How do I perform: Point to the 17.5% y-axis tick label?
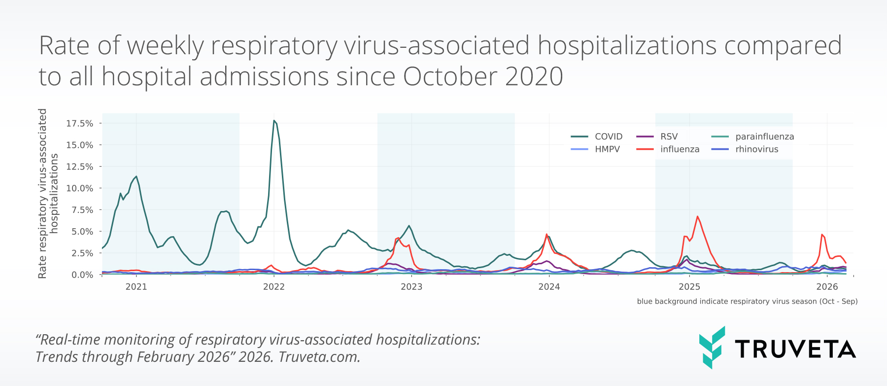pyautogui.click(x=80, y=123)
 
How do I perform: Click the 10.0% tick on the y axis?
pyautogui.click(x=80, y=188)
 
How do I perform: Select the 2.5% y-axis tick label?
pyautogui.click(x=82, y=253)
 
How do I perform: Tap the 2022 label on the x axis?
pyautogui.click(x=274, y=287)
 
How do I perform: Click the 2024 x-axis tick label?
pyautogui.click(x=549, y=287)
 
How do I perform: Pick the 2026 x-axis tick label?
pyautogui.click(x=827, y=287)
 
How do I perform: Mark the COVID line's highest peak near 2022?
pyautogui.click(x=274, y=120)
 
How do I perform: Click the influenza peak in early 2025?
pyautogui.click(x=697, y=216)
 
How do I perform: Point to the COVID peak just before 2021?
pyautogui.click(x=136, y=176)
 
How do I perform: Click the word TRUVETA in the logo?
pyautogui.click(x=795, y=349)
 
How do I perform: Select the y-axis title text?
pyautogui.click(x=48, y=193)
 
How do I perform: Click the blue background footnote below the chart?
pyautogui.click(x=747, y=301)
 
